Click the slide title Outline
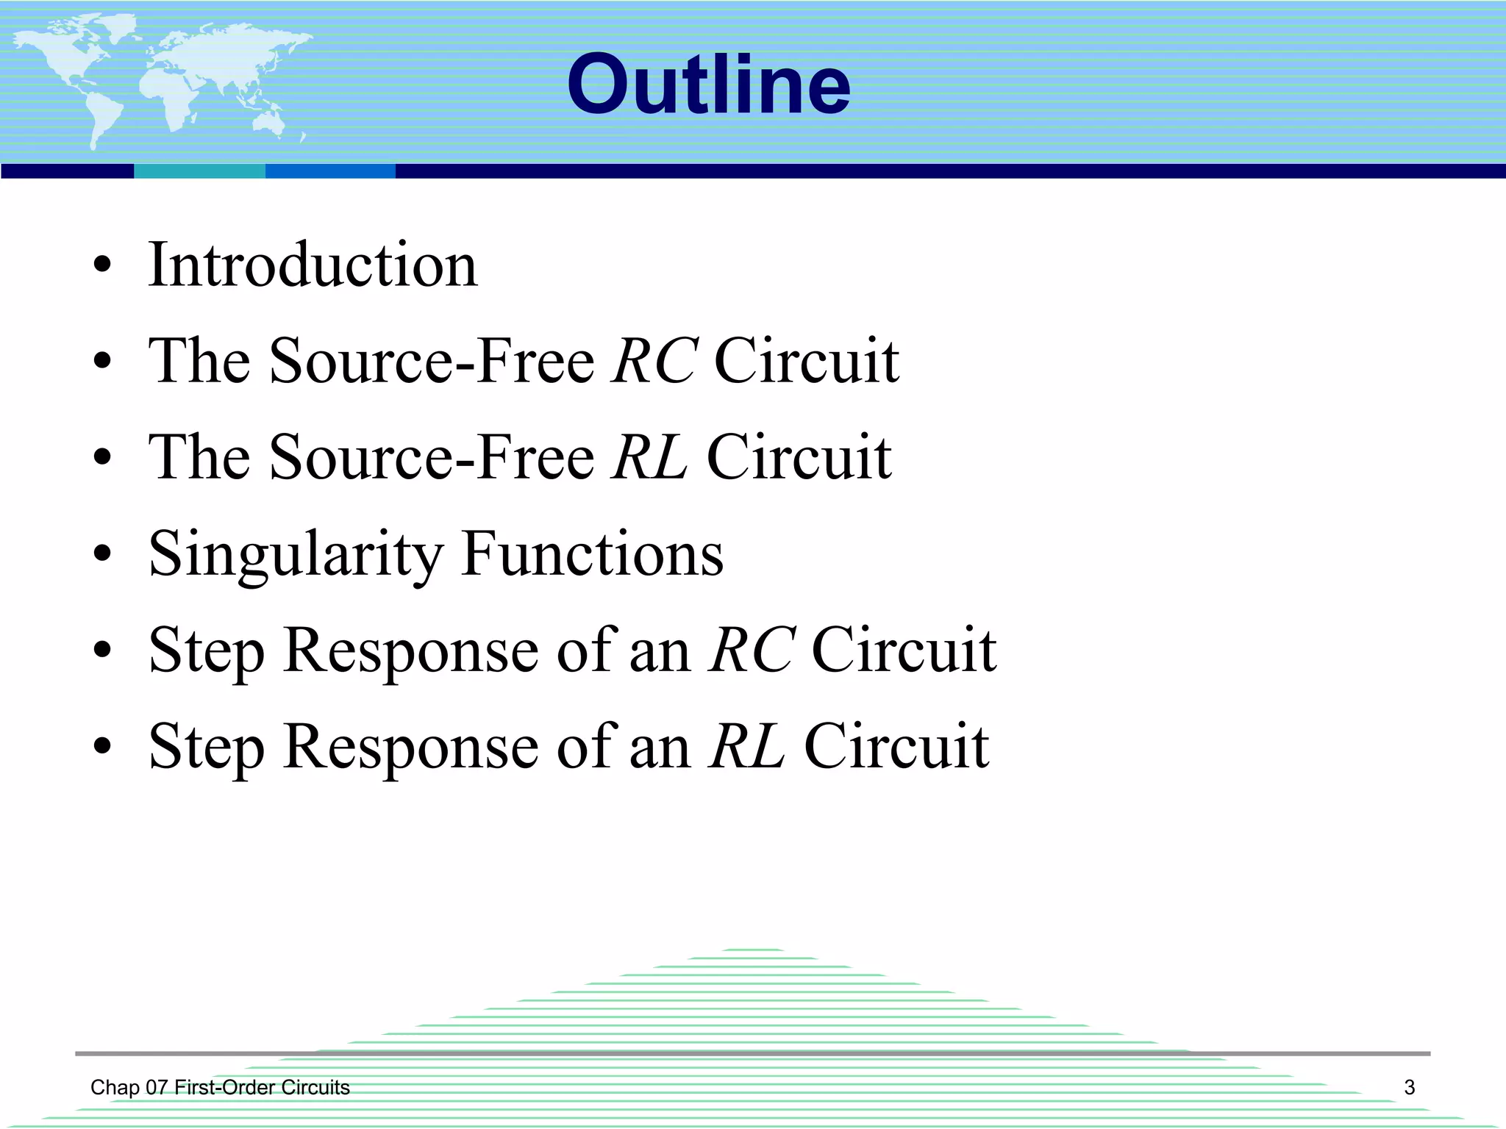pos(708,85)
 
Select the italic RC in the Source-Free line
pos(654,361)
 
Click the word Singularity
pos(296,555)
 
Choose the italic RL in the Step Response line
pos(747,746)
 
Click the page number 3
pos(1409,1087)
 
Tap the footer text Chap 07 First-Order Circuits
pos(220,1087)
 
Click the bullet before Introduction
pos(102,265)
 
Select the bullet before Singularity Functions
pos(102,554)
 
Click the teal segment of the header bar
pos(199,171)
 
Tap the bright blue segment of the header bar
pos(330,171)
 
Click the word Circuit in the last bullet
pos(896,746)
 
